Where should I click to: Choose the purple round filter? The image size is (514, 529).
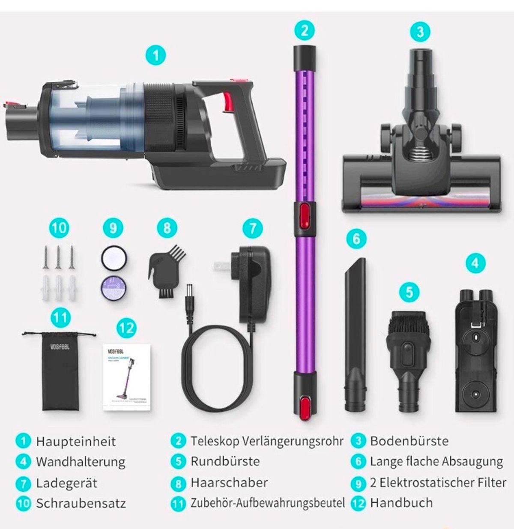113,285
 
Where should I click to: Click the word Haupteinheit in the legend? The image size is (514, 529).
76,441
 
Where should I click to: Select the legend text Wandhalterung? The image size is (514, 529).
81,462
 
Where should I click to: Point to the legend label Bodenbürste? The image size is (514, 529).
409,441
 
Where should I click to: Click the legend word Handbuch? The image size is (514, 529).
401,502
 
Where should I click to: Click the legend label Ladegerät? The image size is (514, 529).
66,483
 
